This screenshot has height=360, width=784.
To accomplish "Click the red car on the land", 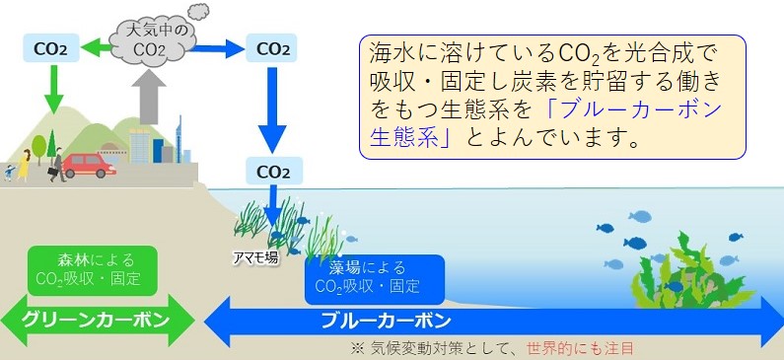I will point(89,165).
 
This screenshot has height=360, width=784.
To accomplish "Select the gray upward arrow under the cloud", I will point(150,98).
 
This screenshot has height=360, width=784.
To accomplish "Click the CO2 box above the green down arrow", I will point(51,46).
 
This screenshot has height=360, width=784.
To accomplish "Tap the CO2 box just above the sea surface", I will point(272,171).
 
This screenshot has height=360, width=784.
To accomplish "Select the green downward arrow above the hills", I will point(51,91).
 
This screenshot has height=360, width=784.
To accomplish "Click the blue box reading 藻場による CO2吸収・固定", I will point(375,278).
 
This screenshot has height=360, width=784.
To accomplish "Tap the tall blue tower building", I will point(179,138).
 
